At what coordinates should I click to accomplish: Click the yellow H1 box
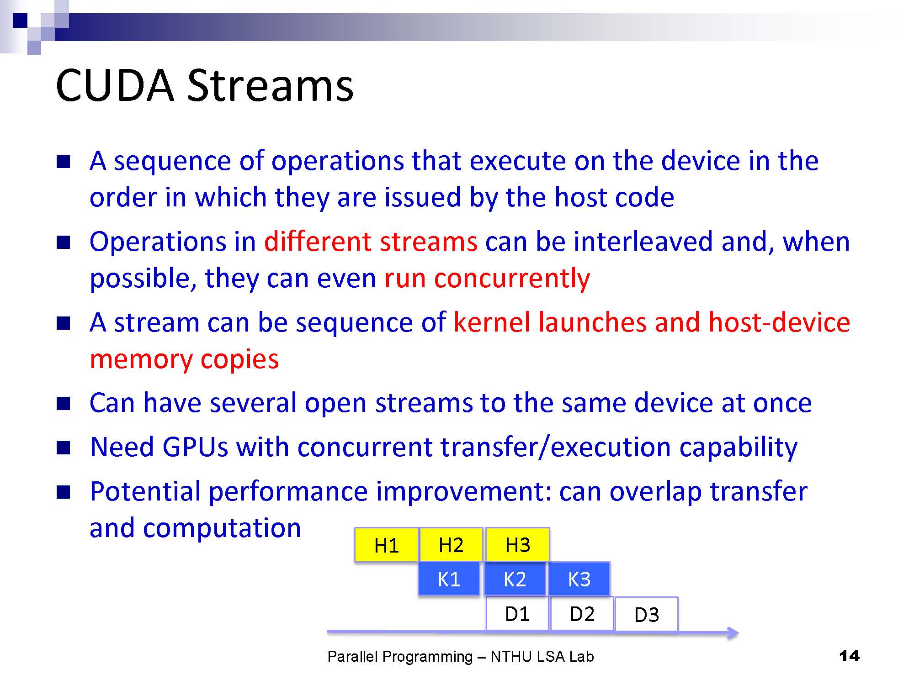pyautogui.click(x=387, y=545)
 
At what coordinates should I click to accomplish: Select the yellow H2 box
pyautogui.click(x=451, y=545)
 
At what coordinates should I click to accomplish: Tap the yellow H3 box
pyautogui.click(x=517, y=545)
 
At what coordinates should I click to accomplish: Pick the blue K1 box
pyautogui.click(x=449, y=579)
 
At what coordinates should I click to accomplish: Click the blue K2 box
pyautogui.click(x=515, y=579)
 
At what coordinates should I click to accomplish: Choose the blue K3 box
pyautogui.click(x=579, y=579)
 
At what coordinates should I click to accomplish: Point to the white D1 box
pyautogui.click(x=517, y=614)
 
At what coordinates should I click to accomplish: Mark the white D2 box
pyautogui.click(x=582, y=614)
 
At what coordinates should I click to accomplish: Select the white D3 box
pyautogui.click(x=647, y=615)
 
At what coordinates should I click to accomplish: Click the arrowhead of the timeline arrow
pyautogui.click(x=733, y=632)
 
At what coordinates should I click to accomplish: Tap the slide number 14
pyautogui.click(x=850, y=656)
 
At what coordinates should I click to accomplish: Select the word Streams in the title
pyautogui.click(x=270, y=85)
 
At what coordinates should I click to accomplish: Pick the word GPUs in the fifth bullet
pyautogui.click(x=195, y=447)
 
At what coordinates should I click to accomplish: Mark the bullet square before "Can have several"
pyautogui.click(x=63, y=404)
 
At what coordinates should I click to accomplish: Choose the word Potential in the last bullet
pyautogui.click(x=145, y=491)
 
